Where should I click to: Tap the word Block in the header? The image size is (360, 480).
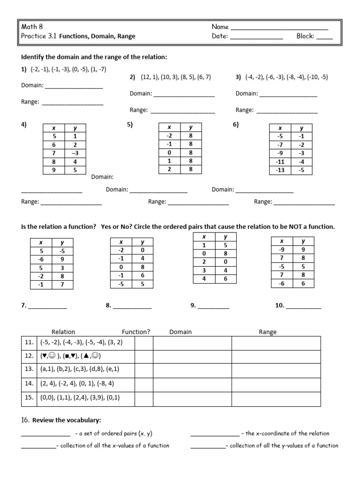click(305, 36)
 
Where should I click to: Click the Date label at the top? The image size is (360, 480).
click(219, 36)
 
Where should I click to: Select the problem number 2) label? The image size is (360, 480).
click(132, 77)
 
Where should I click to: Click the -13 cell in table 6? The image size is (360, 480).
click(280, 170)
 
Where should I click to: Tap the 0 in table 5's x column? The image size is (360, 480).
click(169, 152)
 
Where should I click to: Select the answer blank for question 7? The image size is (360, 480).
click(47, 308)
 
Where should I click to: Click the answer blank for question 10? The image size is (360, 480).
click(303, 308)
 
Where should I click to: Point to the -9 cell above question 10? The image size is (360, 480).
click(282, 249)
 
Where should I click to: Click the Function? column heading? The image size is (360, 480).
click(136, 332)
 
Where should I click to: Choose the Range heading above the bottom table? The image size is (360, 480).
click(268, 332)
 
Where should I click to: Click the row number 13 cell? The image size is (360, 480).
click(29, 369)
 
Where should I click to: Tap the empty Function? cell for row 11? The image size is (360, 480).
click(144, 343)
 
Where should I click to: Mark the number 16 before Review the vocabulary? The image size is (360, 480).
click(25, 420)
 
